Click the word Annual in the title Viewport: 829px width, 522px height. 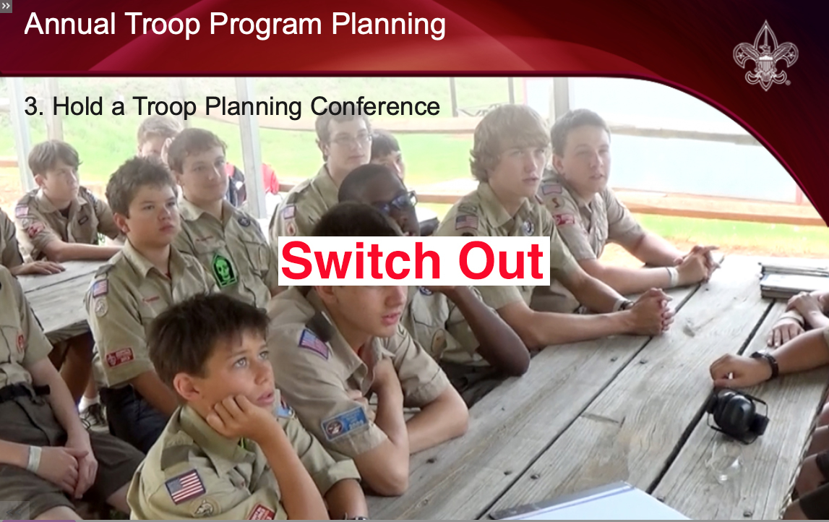[x=70, y=25]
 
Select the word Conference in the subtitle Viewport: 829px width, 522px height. [x=375, y=106]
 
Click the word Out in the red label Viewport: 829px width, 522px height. [x=501, y=261]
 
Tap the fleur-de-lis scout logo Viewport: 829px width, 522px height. [x=765, y=56]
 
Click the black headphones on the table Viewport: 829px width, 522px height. [x=737, y=415]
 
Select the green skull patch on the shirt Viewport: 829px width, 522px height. [x=224, y=270]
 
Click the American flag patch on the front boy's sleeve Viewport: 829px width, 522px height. [x=185, y=486]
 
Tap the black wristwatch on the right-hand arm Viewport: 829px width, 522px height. [x=767, y=363]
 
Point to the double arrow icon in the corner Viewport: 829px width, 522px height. [x=5, y=6]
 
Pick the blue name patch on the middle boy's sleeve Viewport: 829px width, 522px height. [x=345, y=424]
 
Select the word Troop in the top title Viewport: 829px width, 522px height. [x=162, y=25]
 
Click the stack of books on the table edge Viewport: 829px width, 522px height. [x=793, y=280]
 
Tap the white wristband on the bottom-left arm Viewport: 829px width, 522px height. [x=34, y=458]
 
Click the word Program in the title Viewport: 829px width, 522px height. [x=266, y=25]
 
